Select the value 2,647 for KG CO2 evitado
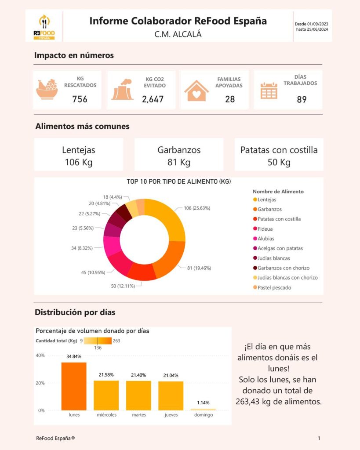pos(153,99)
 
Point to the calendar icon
pos(269,91)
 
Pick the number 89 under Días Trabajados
pos(302,99)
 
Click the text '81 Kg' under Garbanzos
pos(179,163)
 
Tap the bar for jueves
pos(171,396)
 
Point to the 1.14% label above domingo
pos(204,403)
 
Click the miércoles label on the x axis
pos(106,415)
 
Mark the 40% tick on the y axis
pos(40,356)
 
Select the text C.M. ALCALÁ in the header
pos(178,34)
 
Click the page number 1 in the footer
pos(319,438)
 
